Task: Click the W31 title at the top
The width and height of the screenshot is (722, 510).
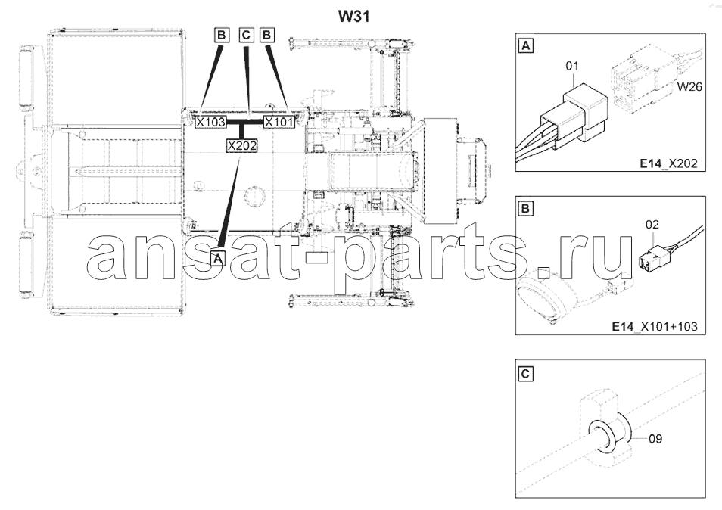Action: tap(354, 17)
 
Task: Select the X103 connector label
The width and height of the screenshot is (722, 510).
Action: tap(210, 122)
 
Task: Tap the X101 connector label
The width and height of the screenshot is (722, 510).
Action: tap(279, 122)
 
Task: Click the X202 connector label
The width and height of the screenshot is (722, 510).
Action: tap(241, 145)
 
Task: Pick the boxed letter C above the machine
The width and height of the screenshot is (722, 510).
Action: tap(247, 35)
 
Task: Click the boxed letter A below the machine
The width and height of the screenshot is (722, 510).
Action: tap(218, 258)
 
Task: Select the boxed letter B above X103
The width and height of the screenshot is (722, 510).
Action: tap(222, 35)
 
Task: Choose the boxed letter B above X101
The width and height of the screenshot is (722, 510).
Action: tap(267, 35)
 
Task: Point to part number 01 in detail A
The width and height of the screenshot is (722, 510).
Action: tap(572, 67)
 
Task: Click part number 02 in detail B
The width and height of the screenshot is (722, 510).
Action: tap(652, 225)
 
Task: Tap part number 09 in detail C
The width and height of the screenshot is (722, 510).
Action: tap(655, 439)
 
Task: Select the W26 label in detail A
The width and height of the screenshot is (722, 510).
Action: tap(689, 86)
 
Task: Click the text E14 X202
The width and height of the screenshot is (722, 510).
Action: tap(668, 163)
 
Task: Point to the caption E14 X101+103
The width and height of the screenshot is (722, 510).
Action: tap(655, 327)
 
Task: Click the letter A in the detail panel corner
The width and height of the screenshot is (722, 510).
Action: tap(526, 46)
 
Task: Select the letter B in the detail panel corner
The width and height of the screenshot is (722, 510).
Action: tap(526, 209)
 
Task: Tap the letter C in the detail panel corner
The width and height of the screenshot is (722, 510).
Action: tap(526, 374)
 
